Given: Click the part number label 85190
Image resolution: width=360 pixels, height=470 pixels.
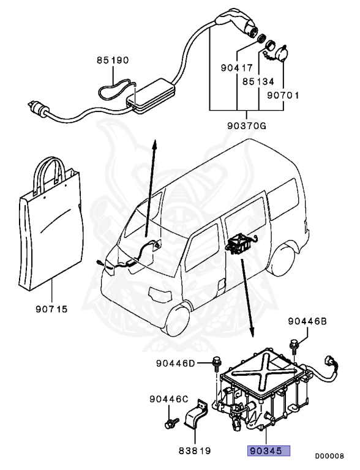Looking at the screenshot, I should click(112, 61).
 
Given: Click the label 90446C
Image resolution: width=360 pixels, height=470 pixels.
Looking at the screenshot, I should click(168, 399).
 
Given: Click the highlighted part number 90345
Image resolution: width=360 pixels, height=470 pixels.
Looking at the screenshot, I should click(264, 452).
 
